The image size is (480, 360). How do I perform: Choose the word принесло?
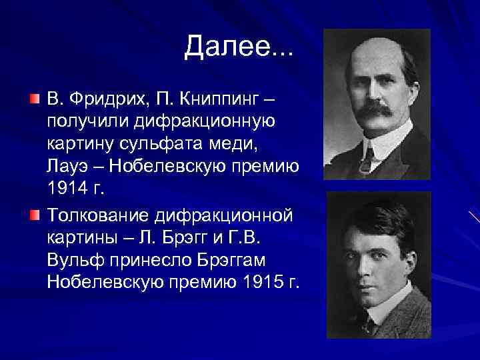147,261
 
